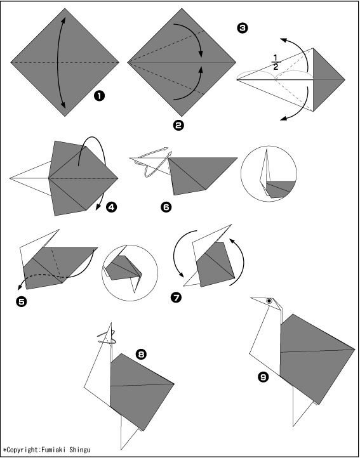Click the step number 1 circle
100,96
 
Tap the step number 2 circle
178,126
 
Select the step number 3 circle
243,28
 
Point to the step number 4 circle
111,207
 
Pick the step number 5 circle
22,301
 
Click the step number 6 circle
166,207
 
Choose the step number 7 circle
176,298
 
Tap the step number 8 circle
141,355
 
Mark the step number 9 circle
263,377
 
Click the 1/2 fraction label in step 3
276,62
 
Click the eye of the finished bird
269,301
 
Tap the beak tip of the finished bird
251,298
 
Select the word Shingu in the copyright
80,450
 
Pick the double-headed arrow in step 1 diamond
58,62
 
